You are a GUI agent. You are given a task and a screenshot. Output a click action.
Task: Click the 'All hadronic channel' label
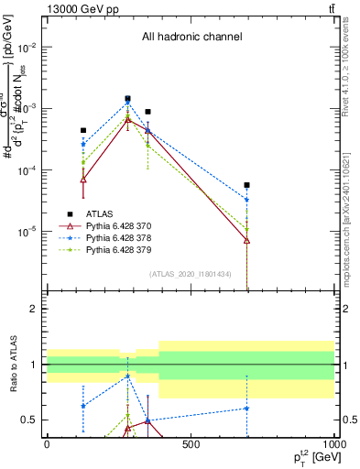point(191,37)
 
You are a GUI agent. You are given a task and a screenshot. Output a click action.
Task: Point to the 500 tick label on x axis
point(190,444)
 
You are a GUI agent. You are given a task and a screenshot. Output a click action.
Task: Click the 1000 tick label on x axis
point(333,444)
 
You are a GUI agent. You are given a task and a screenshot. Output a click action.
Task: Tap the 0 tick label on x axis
point(47,444)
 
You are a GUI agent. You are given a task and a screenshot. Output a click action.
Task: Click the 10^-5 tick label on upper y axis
point(25,231)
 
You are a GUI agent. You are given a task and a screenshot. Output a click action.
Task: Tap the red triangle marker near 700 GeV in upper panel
point(247,240)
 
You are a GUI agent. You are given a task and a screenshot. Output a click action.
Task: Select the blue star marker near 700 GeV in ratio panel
point(247,409)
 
